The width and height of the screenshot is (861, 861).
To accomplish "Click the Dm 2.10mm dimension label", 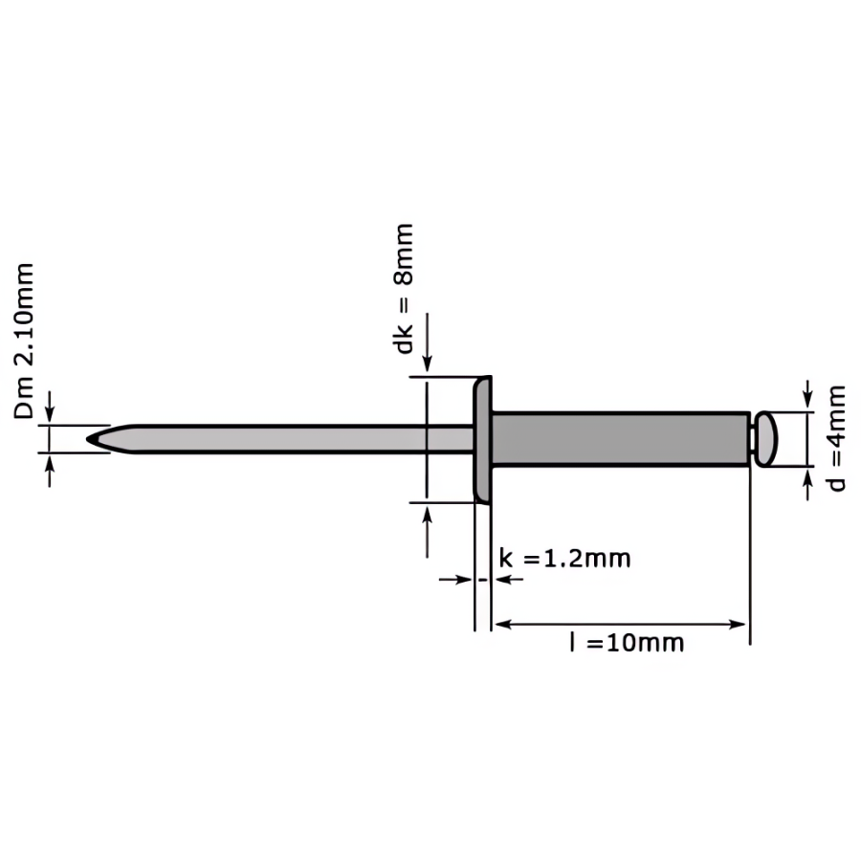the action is click(x=24, y=342).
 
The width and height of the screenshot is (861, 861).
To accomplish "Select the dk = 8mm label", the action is click(x=404, y=289).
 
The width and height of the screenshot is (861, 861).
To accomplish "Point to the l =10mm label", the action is click(x=627, y=643).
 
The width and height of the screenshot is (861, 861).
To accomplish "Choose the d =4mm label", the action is click(x=836, y=438).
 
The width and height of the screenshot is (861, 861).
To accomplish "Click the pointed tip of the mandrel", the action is click(x=88, y=439).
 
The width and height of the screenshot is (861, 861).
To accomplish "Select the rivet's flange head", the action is click(x=483, y=439).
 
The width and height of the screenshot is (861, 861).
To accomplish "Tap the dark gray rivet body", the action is click(x=621, y=439).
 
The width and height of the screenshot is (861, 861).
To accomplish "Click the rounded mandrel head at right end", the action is click(x=765, y=439).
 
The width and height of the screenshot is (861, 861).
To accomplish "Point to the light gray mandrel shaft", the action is click(x=280, y=439).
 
